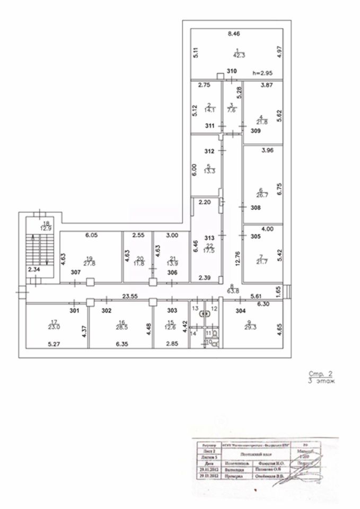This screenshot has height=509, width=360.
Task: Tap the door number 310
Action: (232, 71)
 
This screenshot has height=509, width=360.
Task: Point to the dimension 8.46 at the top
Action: (234, 34)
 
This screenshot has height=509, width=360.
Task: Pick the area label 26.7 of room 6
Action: (260, 194)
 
